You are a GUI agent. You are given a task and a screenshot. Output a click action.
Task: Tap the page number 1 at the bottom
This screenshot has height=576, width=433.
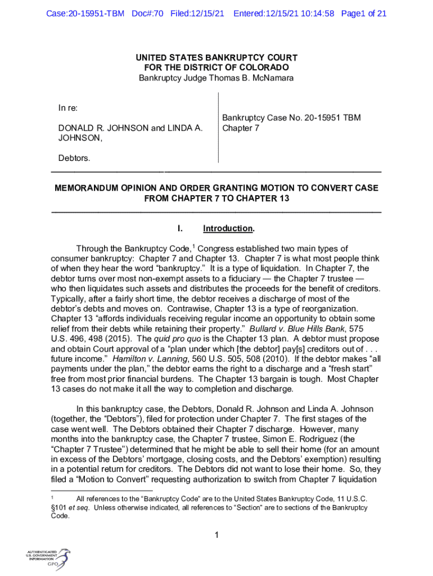216,535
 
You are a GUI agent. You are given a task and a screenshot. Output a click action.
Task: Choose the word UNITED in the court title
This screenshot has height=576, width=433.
152,58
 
